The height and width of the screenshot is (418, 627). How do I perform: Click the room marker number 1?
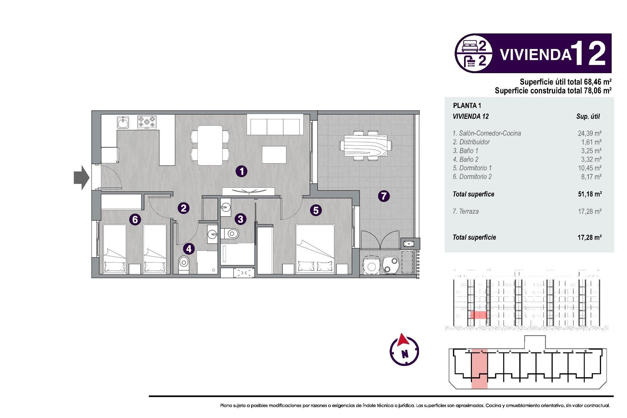pyautogui.click(x=241, y=171)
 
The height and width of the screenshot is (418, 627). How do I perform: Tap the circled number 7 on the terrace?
pyautogui.click(x=384, y=196)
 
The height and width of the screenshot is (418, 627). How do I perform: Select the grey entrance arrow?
pyautogui.click(x=81, y=178)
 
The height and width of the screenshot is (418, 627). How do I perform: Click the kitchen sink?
pyautogui.click(x=123, y=122)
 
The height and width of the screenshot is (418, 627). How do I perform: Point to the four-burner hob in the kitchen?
pyautogui.click(x=147, y=122)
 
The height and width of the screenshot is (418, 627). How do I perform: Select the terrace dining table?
pyautogui.click(x=365, y=146)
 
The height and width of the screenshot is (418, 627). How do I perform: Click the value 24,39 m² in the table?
pyautogui.click(x=589, y=133)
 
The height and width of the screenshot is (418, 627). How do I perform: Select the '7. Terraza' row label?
pyautogui.click(x=466, y=211)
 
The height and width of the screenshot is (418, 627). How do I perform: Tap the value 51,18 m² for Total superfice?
pyautogui.click(x=589, y=194)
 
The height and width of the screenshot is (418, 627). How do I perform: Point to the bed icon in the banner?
pyautogui.click(x=470, y=46)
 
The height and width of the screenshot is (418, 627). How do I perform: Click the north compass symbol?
pyautogui.click(x=404, y=350)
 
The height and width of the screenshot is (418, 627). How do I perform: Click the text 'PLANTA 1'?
pyautogui.click(x=467, y=105)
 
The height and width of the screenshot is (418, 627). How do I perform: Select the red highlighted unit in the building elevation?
pyautogui.click(x=478, y=315)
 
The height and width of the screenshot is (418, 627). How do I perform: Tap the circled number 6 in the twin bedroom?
pyautogui.click(x=135, y=219)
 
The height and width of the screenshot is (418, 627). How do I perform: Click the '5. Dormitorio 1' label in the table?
pyautogui.click(x=472, y=168)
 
